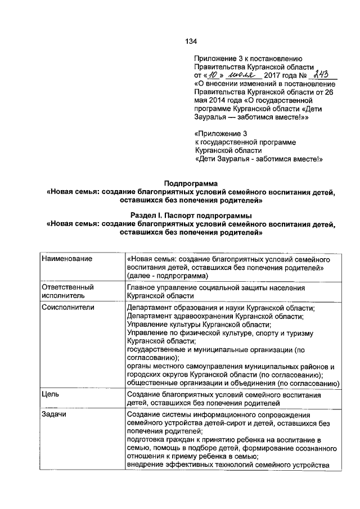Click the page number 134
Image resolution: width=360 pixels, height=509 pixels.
point(191,42)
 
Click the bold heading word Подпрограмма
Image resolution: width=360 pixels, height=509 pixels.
point(190,183)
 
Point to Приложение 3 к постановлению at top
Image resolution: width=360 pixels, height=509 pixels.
point(249,58)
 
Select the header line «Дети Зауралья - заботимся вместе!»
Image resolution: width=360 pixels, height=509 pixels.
point(258,159)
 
